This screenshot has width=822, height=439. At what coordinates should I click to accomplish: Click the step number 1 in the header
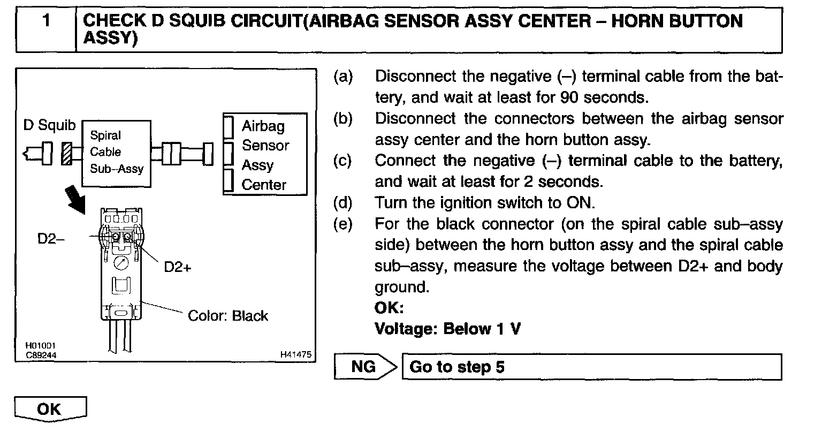coord(47,22)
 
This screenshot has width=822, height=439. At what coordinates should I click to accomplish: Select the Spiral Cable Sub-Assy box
coord(116,153)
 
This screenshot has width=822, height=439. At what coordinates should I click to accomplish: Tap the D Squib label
coord(49,125)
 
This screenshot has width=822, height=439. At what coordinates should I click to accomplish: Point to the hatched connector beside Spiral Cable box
coord(67,154)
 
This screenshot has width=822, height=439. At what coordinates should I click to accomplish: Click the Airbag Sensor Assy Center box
coord(265,154)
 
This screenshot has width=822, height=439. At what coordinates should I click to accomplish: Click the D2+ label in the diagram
coord(177,267)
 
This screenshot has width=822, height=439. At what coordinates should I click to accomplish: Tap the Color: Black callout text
coord(227,316)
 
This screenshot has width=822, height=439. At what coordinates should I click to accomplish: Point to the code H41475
coord(295,354)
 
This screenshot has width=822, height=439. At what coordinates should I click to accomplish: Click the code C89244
coord(41,354)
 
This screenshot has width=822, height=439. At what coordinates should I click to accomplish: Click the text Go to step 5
coord(456,367)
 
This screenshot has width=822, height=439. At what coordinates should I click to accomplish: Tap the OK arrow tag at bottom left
coord(50,409)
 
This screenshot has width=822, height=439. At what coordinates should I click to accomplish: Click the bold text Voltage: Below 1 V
coord(447,329)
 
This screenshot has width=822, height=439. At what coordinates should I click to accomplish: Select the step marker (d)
coord(342,203)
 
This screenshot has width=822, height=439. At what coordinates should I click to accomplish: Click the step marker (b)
coord(342,119)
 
